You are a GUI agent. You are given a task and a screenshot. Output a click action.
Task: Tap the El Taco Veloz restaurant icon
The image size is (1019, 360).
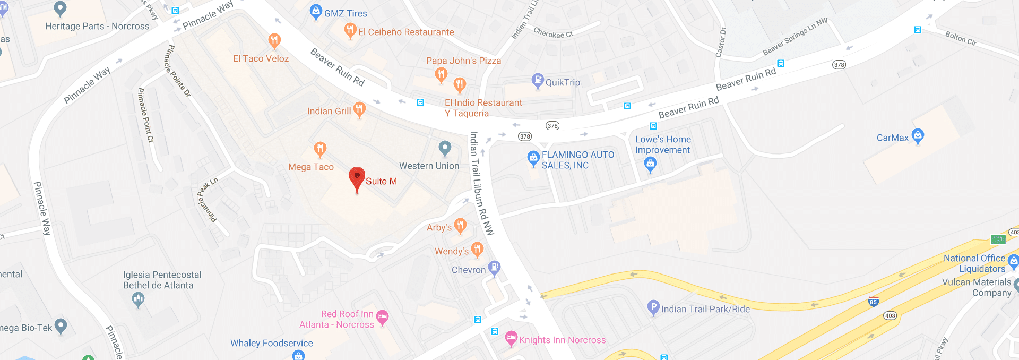tap(274, 41)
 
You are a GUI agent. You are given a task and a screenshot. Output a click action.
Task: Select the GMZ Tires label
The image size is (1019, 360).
tap(346, 13)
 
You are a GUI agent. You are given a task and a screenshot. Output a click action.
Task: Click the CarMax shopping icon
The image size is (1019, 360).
tap(918, 135)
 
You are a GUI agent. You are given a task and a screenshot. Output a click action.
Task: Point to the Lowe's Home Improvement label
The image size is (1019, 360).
tap(663, 144)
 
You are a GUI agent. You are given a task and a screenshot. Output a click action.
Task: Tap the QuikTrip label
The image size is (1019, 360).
tap(563, 82)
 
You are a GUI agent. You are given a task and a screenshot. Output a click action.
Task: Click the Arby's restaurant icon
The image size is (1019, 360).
tap(460, 226)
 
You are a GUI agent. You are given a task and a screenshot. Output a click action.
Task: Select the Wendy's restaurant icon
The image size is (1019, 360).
tap(477, 249)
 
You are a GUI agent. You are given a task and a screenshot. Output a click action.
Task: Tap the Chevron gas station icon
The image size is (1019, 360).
tap(494, 268)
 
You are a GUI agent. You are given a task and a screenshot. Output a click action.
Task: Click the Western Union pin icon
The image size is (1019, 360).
tap(445, 148)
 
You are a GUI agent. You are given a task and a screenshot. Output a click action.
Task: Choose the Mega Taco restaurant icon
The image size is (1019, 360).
tap(320, 149)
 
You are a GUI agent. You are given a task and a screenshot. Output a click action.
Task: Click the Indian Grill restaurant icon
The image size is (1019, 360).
tap(359, 109)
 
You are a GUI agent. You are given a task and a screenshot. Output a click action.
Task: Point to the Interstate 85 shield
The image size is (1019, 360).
tap(873, 302)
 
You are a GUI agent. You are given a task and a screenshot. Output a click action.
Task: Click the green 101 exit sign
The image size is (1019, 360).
tap(998, 239)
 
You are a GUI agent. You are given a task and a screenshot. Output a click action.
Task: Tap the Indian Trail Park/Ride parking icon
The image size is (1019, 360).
tap(653, 307)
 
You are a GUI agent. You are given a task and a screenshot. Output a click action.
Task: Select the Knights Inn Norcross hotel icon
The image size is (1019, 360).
tap(511, 338)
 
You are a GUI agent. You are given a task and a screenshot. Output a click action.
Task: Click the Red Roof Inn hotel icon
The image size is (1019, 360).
tap(382, 318)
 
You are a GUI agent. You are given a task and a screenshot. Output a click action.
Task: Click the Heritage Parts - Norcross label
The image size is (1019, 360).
tap(97, 26)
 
